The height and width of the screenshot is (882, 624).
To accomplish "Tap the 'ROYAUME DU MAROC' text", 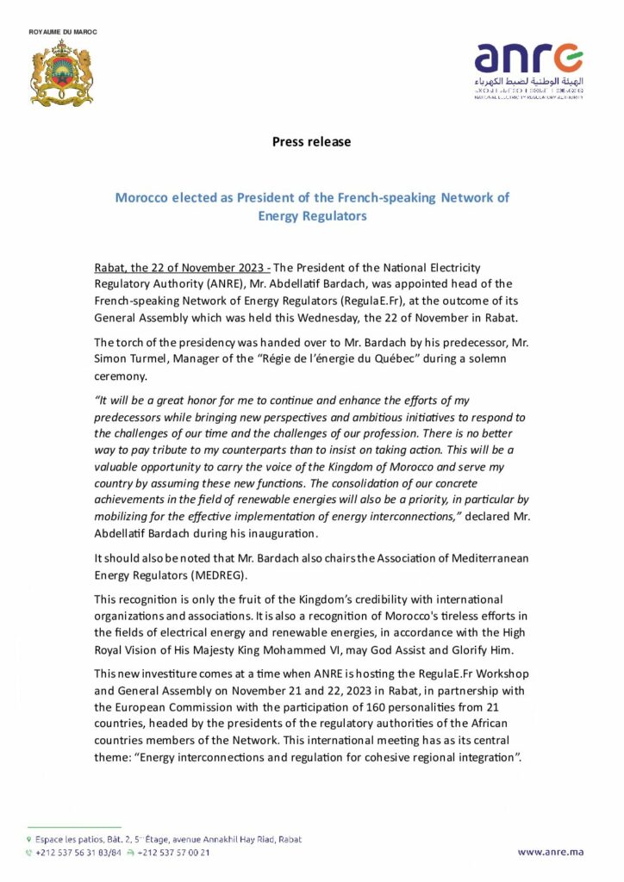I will coord(63,32).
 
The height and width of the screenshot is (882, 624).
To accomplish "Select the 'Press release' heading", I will coord(311,141).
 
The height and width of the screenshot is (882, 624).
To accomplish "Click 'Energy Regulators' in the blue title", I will coord(312,216).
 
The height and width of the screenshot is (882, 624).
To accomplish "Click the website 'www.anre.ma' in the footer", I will coord(550,853).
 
